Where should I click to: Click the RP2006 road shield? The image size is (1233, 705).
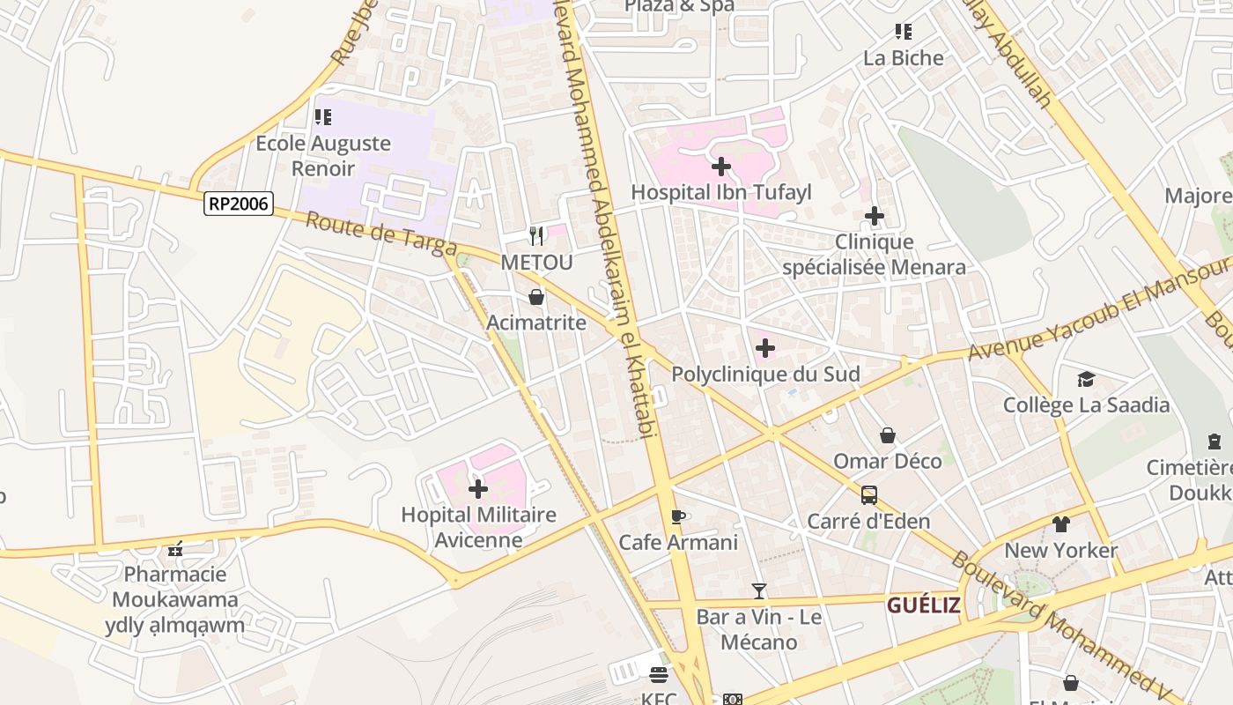pos(239,204)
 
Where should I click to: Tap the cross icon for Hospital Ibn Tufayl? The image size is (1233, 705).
pos(721,166)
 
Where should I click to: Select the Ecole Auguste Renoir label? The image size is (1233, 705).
pos(322,155)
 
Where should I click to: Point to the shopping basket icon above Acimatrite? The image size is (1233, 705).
pos(535,298)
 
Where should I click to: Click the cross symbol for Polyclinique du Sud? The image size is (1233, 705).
pos(765,348)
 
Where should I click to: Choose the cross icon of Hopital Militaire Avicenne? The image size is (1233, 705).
pos(478,488)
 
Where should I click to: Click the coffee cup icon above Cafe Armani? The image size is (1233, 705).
pos(677,516)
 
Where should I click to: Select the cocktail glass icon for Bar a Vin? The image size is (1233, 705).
pos(759,590)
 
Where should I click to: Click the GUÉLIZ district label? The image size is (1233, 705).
pos(923,605)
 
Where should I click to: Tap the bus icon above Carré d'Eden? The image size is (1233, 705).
pos(869,495)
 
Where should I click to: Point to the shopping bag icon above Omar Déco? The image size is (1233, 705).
pos(888,435)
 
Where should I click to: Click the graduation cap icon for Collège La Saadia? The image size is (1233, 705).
pos(1086,379)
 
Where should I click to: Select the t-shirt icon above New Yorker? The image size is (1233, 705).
pos(1060,524)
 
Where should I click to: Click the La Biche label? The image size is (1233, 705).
pos(903,58)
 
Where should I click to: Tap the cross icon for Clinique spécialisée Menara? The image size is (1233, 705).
pos(874,216)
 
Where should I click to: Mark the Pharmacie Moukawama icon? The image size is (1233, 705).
pos(175,549)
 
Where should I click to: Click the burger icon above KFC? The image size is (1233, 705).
pos(659,675)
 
